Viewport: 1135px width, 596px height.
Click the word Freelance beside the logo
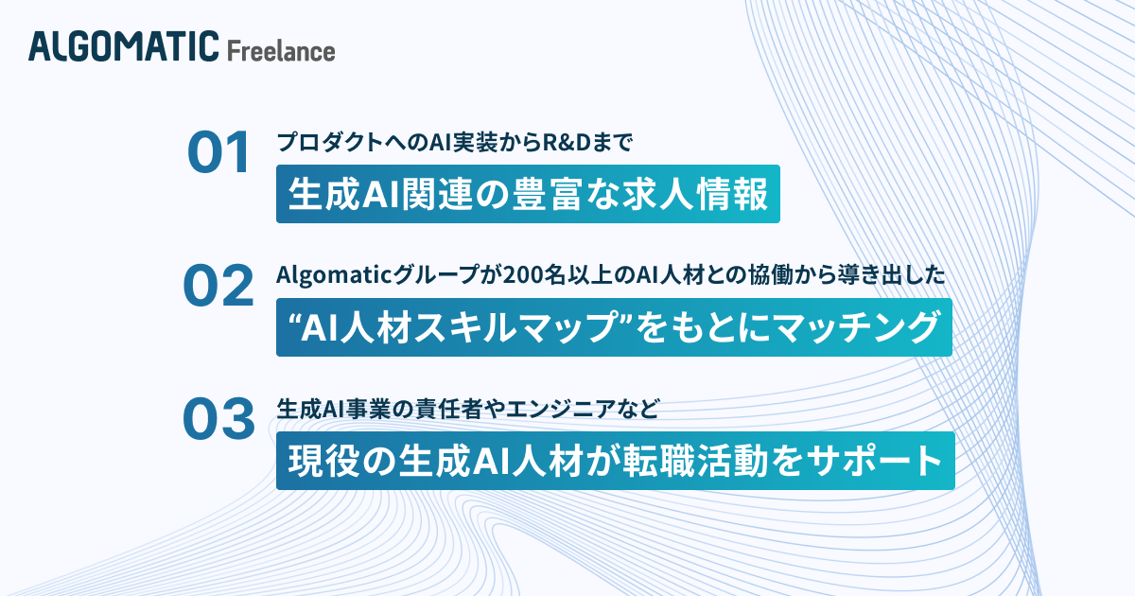point(281,49)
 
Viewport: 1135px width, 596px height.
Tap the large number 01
point(218,154)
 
